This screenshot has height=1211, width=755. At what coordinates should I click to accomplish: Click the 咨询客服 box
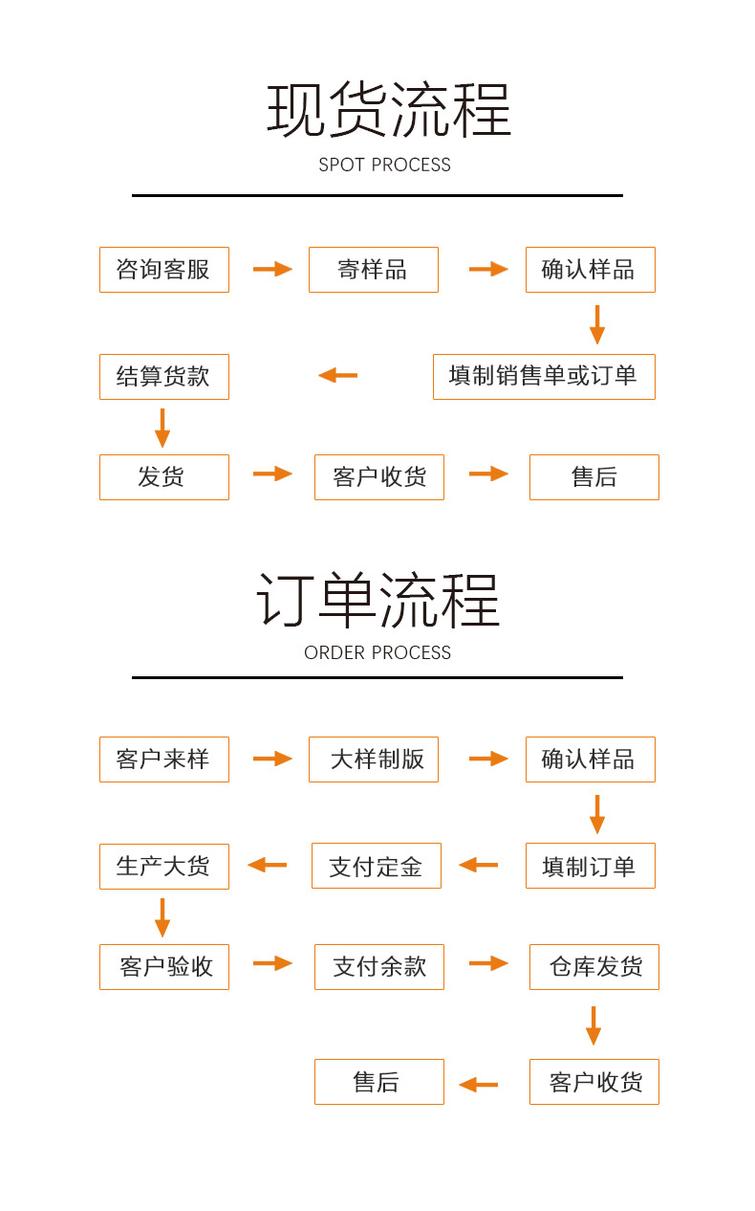pos(163,270)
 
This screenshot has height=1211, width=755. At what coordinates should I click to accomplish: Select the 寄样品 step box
pos(373,270)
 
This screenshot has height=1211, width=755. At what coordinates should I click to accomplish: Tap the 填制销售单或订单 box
pos(543,377)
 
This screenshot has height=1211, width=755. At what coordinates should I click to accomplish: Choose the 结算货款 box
pos(163,377)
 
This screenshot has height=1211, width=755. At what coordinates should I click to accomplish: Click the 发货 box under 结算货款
pos(163,477)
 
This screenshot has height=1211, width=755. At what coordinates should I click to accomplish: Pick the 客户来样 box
pos(163,760)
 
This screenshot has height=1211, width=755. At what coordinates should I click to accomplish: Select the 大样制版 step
pos(373,760)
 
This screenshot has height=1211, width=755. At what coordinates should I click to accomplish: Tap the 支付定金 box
pos(376,866)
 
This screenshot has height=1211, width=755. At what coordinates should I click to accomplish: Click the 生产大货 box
pos(163,867)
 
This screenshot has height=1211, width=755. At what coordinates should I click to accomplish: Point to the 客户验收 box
pos(163,967)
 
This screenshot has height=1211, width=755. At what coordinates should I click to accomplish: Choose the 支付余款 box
pos(378,967)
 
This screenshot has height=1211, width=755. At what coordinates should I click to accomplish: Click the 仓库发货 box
pos(593,967)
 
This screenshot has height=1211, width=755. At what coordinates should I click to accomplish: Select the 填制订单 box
pos(590,866)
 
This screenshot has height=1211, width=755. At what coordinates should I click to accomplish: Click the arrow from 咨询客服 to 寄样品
pos(272,270)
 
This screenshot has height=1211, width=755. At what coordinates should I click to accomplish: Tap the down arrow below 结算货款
pos(162,428)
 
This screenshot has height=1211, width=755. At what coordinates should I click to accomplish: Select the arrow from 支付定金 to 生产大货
pos(268,866)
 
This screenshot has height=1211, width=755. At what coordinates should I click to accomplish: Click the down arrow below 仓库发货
pos(593,1025)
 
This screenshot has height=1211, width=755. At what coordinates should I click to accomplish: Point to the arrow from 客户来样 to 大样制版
pos(272,760)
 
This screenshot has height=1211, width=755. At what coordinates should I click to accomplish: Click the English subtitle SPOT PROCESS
pos(384,165)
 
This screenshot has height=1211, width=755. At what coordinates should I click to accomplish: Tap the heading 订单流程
pos(377,601)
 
